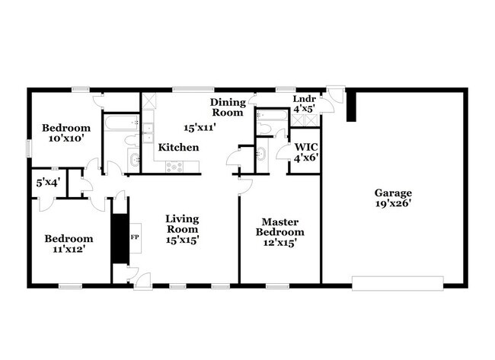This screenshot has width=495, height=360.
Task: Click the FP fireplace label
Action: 135,237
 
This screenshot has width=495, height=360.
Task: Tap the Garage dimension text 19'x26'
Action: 392,204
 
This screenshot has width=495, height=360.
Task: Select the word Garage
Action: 392,193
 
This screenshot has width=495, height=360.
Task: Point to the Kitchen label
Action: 179,147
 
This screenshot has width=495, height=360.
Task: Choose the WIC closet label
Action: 305,145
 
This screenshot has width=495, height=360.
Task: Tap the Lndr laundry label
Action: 305,99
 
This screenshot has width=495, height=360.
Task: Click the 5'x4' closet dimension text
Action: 48,183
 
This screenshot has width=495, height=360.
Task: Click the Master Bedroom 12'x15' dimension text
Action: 279,243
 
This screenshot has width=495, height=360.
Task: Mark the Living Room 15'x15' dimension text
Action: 183,240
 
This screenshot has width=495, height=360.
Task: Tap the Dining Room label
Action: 228,107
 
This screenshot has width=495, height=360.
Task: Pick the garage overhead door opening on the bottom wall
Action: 397,284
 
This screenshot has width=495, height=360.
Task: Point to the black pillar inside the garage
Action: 351,107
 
